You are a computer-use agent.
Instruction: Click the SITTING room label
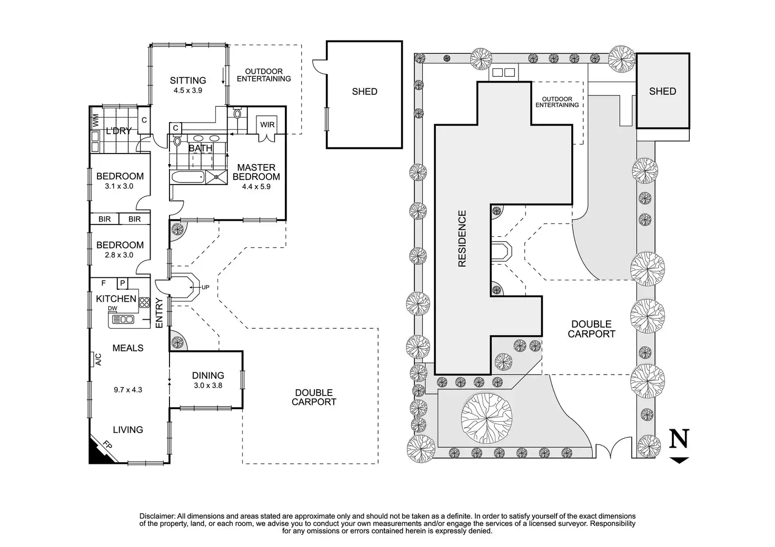point(187,80)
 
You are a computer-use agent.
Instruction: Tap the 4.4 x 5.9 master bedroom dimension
point(256,186)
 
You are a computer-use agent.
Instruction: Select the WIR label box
point(267,125)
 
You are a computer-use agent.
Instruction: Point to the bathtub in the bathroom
point(187,177)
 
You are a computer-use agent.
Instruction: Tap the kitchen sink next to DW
point(123,319)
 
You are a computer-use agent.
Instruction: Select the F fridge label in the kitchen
point(104,283)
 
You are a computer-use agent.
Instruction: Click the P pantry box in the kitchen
point(122,283)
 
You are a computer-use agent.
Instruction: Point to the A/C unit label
point(98,360)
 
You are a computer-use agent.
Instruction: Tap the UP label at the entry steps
point(205,287)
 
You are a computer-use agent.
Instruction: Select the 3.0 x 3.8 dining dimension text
point(208,385)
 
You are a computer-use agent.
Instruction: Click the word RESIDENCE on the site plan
point(462,238)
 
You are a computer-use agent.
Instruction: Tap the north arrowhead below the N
point(680,460)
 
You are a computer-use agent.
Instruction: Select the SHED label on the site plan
point(662,91)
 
